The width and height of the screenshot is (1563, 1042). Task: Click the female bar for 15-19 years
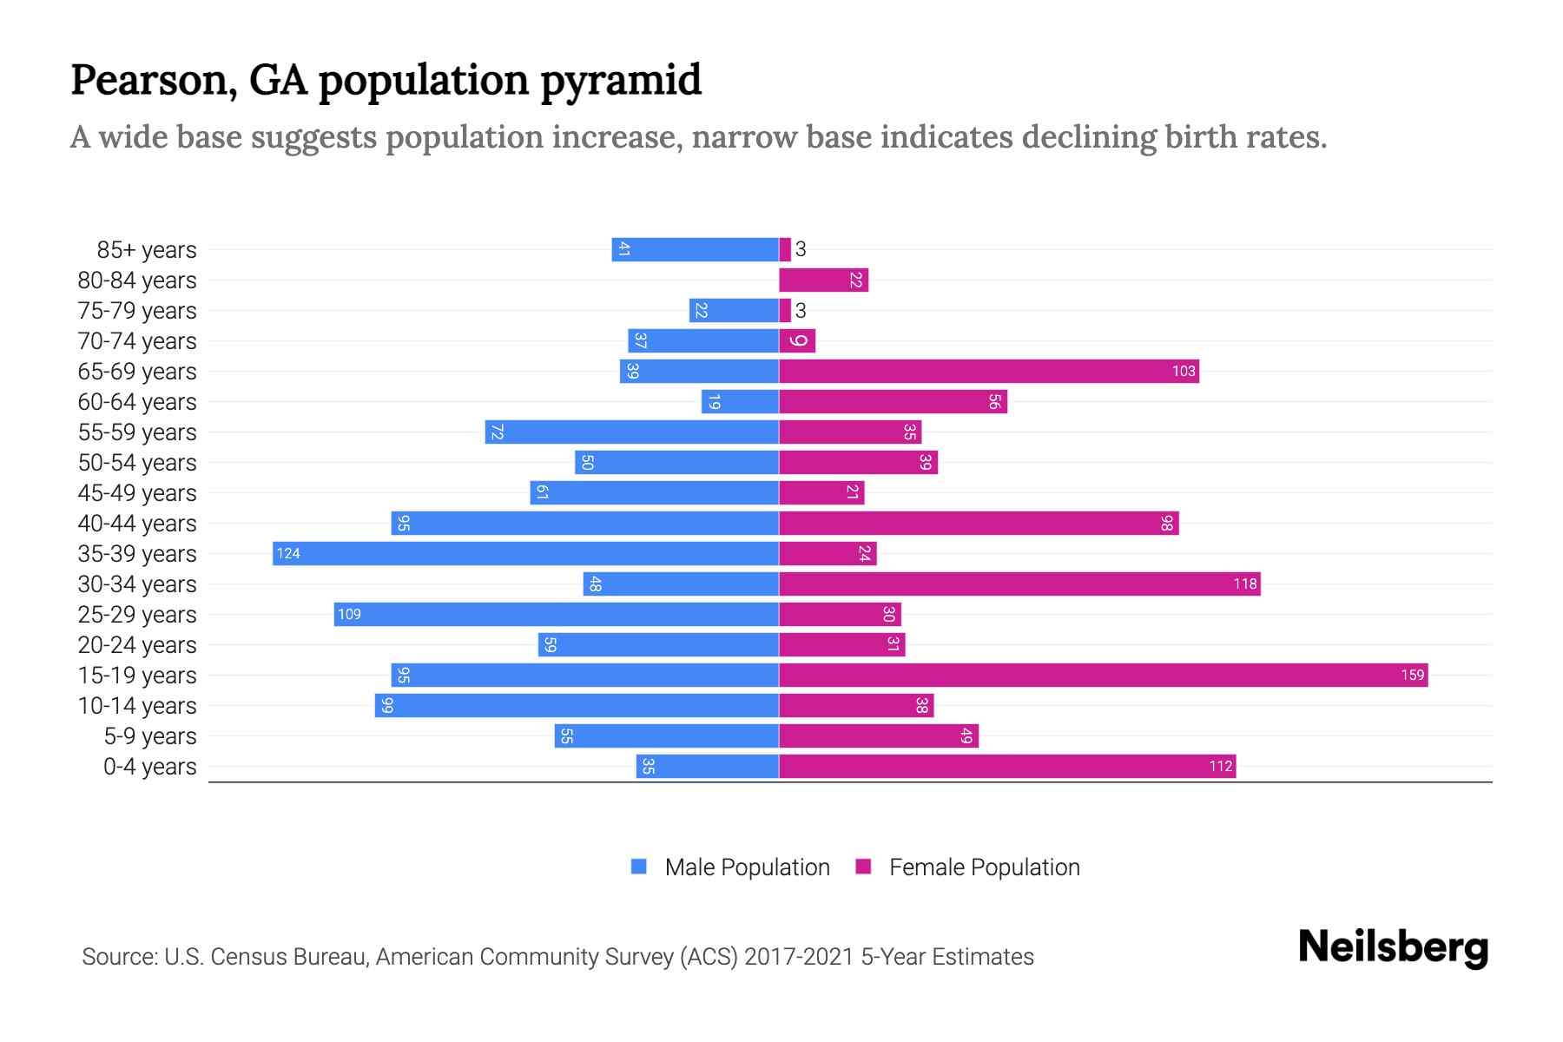click(x=1103, y=675)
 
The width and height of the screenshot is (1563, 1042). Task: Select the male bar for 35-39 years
click(x=525, y=553)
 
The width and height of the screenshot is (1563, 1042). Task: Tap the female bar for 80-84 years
click(x=823, y=280)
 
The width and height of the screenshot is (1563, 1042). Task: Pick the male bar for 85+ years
click(x=695, y=249)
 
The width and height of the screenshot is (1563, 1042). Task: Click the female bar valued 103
click(x=988, y=371)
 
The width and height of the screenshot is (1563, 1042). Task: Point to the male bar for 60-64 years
click(x=740, y=401)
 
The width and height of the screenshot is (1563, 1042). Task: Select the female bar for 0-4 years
click(x=1007, y=766)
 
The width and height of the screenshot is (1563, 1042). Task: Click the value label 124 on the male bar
click(x=288, y=553)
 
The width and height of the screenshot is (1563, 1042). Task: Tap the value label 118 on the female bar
click(x=1244, y=584)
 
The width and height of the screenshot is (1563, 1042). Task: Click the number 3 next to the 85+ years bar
click(x=801, y=249)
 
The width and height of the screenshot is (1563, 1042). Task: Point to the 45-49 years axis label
click(x=137, y=492)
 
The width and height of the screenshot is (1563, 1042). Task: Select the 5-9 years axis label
click(x=150, y=735)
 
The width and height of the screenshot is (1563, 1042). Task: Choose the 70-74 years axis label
click(x=137, y=340)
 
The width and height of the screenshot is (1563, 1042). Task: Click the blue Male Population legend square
click(x=639, y=867)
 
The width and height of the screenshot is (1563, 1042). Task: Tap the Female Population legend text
click(x=984, y=867)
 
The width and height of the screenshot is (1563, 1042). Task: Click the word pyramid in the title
click(x=621, y=80)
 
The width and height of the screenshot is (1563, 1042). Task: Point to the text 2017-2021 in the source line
click(x=799, y=956)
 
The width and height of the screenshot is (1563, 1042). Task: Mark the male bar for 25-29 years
click(x=556, y=614)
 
